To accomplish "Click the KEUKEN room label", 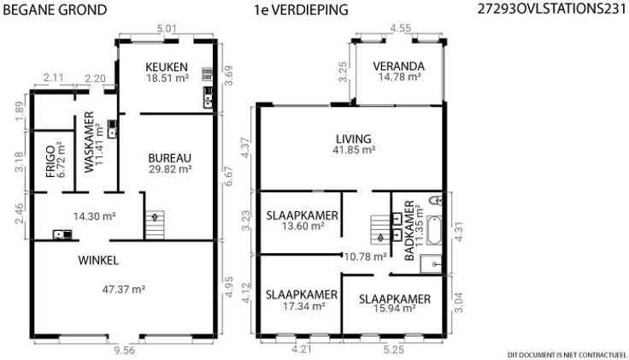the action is click(167, 67).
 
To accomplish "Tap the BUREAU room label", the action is click(170, 158).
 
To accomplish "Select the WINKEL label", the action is click(98, 261).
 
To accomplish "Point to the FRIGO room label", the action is click(50, 162).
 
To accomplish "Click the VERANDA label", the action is click(399, 66).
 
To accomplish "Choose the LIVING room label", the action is click(354, 139).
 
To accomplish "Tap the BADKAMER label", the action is click(409, 231).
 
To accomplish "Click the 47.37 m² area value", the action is click(124, 289).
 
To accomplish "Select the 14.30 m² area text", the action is click(94, 216).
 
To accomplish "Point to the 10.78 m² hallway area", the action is click(366, 257).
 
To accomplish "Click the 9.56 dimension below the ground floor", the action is click(125, 351).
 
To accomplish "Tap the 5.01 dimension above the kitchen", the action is click(167, 29).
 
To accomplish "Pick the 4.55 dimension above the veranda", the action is click(401, 28).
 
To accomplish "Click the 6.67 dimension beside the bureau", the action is click(227, 176).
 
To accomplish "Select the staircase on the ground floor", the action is click(155, 225).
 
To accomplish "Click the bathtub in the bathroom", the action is click(433, 230).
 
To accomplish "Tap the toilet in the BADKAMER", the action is click(435, 200).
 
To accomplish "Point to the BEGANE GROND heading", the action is click(55, 9).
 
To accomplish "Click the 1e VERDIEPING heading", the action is click(301, 9).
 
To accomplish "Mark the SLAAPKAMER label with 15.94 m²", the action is click(395, 299).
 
